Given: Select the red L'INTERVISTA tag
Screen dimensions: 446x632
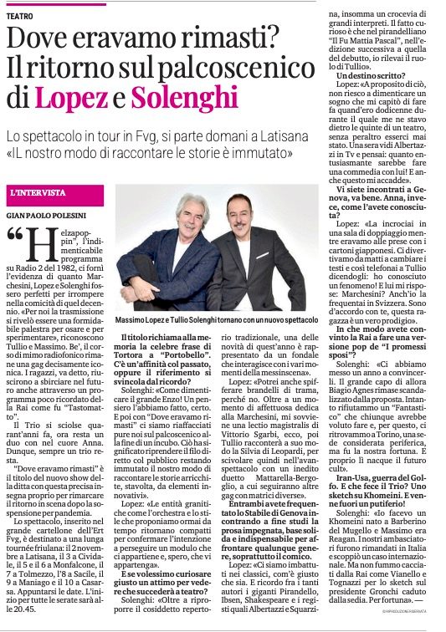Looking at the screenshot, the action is tap(38, 192).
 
